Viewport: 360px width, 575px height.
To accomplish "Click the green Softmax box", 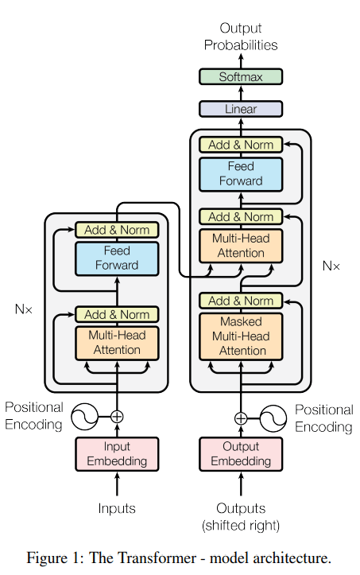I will point(240,77).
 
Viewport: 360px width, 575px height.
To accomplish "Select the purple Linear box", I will point(240,109).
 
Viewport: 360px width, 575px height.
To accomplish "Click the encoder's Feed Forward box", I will point(117,258).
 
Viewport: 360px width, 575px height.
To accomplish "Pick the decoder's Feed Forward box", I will point(240,174).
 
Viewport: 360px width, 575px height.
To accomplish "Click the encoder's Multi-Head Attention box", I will point(117,344).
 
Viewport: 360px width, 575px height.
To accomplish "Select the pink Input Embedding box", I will point(117,453).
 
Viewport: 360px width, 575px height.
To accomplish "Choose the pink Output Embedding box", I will point(241,453).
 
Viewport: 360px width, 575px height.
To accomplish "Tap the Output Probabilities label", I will point(240,37).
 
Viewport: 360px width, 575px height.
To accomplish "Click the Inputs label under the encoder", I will point(117,508).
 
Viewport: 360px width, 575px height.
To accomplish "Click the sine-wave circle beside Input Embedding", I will point(84,416).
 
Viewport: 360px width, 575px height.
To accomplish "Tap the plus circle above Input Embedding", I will point(117,416).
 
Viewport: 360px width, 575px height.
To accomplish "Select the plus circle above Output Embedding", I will point(241,417).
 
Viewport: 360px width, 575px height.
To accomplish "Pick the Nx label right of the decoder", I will point(330,266).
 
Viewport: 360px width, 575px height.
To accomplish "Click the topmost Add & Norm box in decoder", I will point(240,145).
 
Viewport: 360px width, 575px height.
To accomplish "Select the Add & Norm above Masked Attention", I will point(240,301).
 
